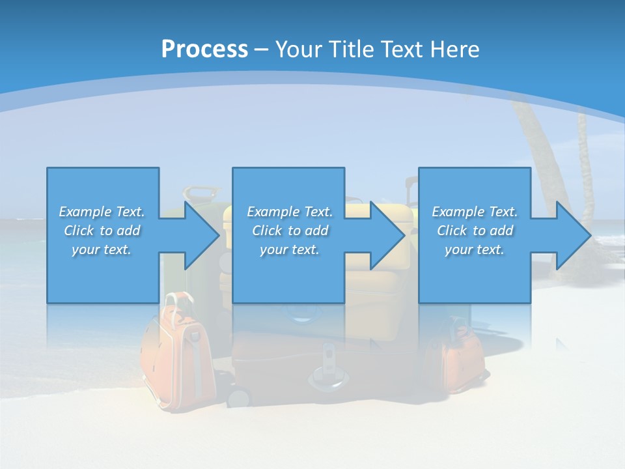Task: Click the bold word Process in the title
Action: pyautogui.click(x=204, y=49)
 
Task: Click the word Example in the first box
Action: pyautogui.click(x=85, y=212)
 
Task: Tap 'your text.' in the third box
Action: pyautogui.click(x=474, y=249)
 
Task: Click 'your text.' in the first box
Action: pyautogui.click(x=101, y=249)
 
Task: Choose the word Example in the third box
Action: pyautogui.click(x=458, y=212)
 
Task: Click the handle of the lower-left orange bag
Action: pyautogui.click(x=180, y=301)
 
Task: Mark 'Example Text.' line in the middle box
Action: pyautogui.click(x=289, y=212)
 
